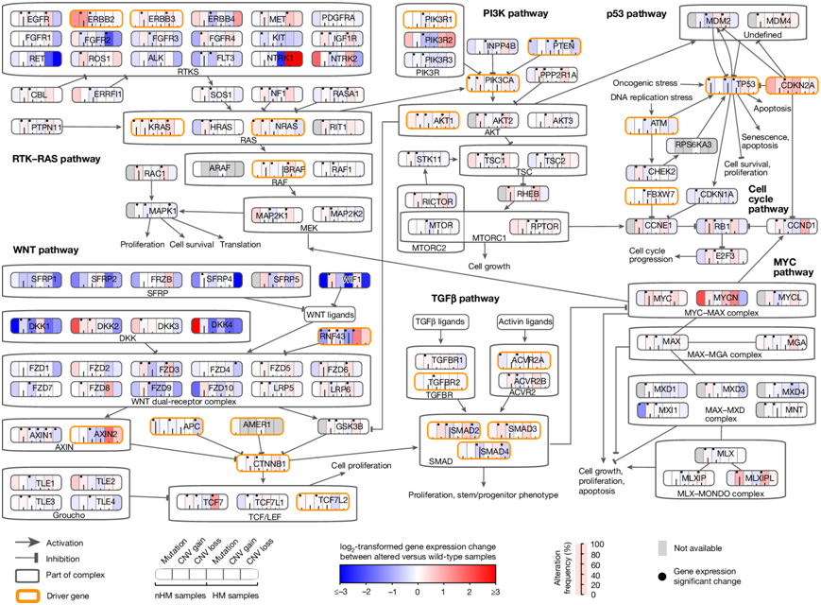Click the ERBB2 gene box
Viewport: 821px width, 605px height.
coord(96,19)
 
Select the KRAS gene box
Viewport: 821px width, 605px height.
coord(155,127)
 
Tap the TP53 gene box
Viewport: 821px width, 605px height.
coord(730,85)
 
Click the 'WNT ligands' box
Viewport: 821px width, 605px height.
coord(330,312)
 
